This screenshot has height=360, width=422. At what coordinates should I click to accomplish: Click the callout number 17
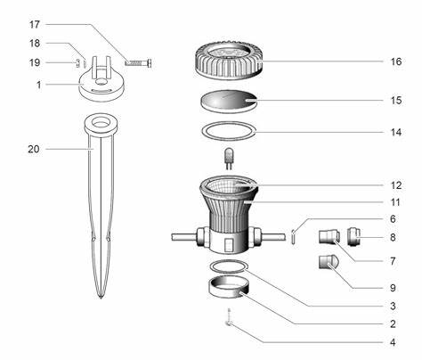click(x=35, y=24)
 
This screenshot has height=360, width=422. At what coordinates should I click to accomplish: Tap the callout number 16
click(x=396, y=61)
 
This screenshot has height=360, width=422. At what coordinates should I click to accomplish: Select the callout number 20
click(x=34, y=149)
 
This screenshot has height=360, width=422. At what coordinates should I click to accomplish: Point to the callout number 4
click(x=393, y=342)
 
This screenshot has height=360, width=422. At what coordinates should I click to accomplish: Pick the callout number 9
click(x=393, y=288)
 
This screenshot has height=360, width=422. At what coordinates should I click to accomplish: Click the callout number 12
click(x=396, y=185)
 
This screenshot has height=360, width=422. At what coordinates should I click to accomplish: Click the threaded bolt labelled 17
click(x=139, y=63)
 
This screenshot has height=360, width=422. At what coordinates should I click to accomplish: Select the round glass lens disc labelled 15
click(x=228, y=101)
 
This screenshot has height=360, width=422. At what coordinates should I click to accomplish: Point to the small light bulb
click(x=229, y=159)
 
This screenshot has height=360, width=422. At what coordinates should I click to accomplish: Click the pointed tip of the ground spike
click(x=101, y=299)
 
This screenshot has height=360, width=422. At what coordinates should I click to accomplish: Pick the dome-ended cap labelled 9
click(x=329, y=262)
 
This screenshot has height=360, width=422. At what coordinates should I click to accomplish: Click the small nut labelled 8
click(x=353, y=237)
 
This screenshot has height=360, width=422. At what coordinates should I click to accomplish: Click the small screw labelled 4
click(x=229, y=317)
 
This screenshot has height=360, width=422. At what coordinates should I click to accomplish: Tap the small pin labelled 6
click(x=293, y=237)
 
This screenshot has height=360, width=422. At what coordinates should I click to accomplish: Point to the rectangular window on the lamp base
click(x=228, y=245)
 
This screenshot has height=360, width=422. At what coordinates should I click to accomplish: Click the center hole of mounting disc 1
click(x=101, y=81)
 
